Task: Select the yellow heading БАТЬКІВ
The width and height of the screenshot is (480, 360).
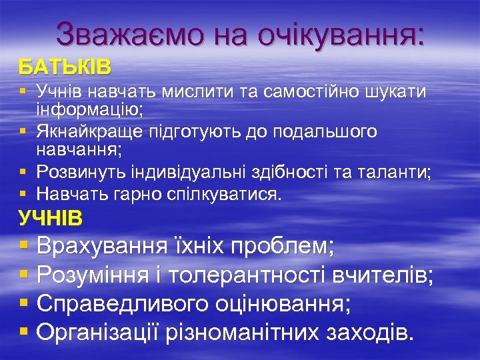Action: pyautogui.click(x=65, y=67)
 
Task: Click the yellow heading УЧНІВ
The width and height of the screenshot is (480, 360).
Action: pyautogui.click(x=50, y=217)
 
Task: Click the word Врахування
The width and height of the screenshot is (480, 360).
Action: pyautogui.click(x=103, y=247)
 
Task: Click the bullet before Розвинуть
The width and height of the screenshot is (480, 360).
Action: pyautogui.click(x=23, y=174)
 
